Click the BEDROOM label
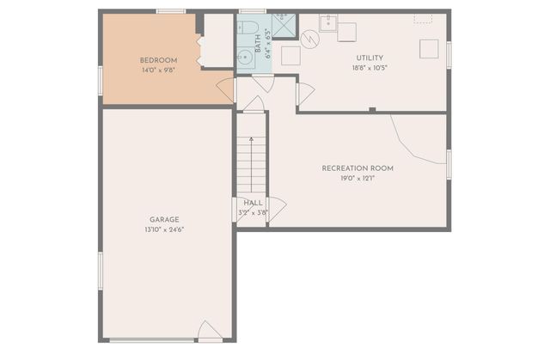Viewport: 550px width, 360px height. click(x=158, y=60)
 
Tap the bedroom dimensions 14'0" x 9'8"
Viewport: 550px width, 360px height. click(x=158, y=70)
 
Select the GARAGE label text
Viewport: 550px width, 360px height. click(x=163, y=219)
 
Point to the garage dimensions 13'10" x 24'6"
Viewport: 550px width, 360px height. click(x=163, y=229)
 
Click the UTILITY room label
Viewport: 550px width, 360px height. click(x=370, y=58)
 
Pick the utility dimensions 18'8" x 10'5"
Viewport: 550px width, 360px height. click(x=370, y=68)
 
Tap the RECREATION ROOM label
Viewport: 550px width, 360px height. click(x=357, y=168)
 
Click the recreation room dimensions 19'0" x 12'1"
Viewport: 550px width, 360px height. click(x=357, y=178)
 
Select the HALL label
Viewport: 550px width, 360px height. click(x=253, y=203)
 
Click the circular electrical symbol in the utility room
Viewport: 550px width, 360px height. click(x=310, y=40)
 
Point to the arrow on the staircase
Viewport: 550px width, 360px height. click(x=253, y=137)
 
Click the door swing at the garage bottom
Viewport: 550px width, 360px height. click(x=209, y=332)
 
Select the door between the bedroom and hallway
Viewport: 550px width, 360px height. click(x=226, y=89)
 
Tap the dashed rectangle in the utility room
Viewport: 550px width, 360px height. click(x=422, y=18)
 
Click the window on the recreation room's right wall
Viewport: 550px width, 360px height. click(x=448, y=164)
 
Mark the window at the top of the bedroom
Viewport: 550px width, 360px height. click(x=170, y=11)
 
